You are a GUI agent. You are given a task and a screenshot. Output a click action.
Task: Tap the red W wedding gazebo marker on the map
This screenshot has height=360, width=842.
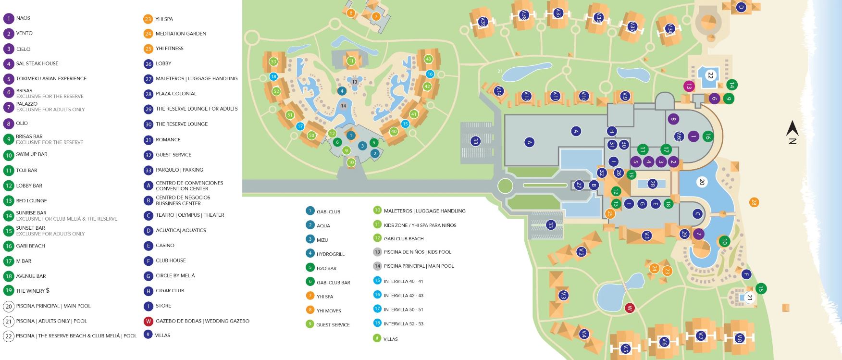(630, 308)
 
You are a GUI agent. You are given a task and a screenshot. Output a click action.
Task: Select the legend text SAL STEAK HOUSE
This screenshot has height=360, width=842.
(37, 63)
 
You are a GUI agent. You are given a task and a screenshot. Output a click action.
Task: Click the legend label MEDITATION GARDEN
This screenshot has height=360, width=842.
(181, 34)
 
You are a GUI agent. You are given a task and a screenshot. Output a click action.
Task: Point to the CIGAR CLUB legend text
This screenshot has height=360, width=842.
(170, 291)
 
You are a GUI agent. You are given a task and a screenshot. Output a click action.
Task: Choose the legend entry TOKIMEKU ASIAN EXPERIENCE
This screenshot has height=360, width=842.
(51, 78)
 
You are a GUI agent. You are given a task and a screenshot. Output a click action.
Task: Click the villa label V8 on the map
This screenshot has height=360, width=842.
(740, 339)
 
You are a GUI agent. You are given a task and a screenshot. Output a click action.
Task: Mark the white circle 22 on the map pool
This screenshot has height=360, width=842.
(710, 75)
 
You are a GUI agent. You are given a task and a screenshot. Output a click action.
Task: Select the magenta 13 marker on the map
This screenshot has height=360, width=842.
(689, 87)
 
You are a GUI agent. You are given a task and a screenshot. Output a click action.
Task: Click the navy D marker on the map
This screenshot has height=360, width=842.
(741, 7)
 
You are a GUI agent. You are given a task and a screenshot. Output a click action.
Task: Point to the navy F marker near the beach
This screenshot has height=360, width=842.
(746, 275)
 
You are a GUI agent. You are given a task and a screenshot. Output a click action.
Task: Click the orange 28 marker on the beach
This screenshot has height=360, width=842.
(754, 202)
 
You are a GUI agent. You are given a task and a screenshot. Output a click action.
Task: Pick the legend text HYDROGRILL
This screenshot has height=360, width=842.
(331, 254)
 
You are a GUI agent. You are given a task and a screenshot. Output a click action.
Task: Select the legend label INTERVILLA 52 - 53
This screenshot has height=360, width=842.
(404, 324)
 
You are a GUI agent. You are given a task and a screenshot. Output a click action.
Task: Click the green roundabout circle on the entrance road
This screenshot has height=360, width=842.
(505, 185)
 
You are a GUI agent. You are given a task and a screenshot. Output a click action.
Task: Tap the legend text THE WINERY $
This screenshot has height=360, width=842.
(33, 291)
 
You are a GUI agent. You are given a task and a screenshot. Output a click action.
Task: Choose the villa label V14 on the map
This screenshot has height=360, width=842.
(499, 91)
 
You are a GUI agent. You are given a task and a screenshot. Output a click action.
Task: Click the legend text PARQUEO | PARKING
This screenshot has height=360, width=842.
(179, 170)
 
